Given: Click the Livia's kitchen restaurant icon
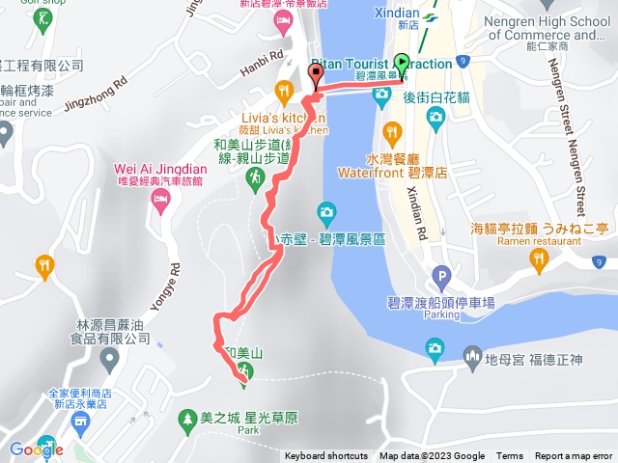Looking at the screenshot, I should pyautogui.click(x=283, y=93).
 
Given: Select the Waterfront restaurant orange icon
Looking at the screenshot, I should pyautogui.click(x=391, y=131).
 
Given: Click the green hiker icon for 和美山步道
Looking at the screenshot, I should pyautogui.click(x=255, y=178).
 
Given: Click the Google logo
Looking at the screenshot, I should pyautogui.click(x=36, y=449).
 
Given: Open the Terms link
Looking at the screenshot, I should pyautogui.click(x=510, y=456).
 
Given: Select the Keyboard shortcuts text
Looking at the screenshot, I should pyautogui.click(x=325, y=456).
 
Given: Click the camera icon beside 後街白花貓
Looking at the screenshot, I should pyautogui.click(x=435, y=117).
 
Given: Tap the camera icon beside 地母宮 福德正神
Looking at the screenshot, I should pyautogui.click(x=435, y=346).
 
